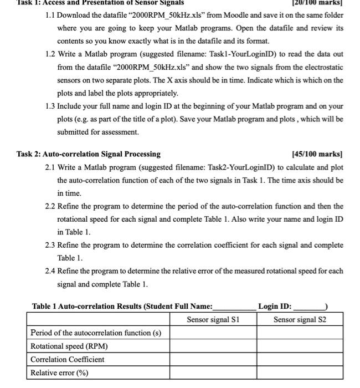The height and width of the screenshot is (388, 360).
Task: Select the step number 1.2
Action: pyautogui.click(x=52, y=54)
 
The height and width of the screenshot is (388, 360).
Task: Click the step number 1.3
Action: pyautogui.click(x=52, y=106)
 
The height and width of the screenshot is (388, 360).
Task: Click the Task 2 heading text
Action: pyautogui.click(x=89, y=154)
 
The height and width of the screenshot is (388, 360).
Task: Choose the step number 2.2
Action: pyautogui.click(x=52, y=206)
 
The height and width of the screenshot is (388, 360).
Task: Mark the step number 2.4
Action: pyautogui.click(x=52, y=271)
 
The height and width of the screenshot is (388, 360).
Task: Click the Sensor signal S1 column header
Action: pyautogui.click(x=213, y=319)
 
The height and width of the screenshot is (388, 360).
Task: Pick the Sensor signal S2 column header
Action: pyautogui.click(x=300, y=319)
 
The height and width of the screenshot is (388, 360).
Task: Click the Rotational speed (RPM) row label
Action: pyautogui.click(x=69, y=346)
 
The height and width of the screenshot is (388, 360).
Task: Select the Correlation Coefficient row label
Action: pyautogui.click(x=67, y=359)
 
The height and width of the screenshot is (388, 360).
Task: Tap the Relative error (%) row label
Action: pyautogui.click(x=59, y=372)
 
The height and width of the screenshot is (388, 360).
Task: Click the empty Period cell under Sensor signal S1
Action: pyautogui.click(x=213, y=333)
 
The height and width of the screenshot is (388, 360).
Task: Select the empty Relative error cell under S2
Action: pyautogui.click(x=300, y=372)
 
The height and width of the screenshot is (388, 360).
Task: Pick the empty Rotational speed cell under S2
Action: pyautogui.click(x=300, y=346)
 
